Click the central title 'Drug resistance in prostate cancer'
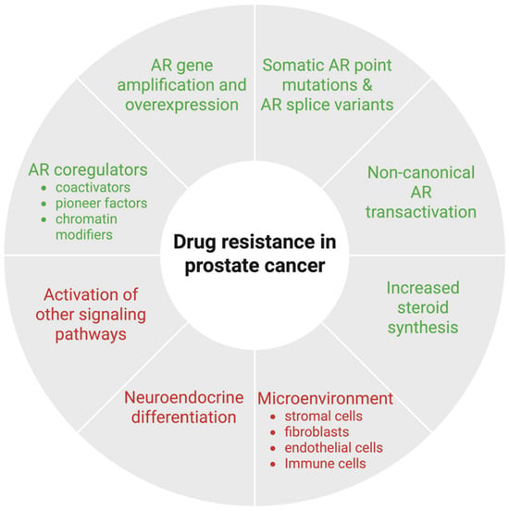(x=254, y=254)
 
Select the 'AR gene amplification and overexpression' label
(x=181, y=85)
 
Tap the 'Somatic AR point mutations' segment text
(x=327, y=75)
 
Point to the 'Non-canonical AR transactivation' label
(x=421, y=193)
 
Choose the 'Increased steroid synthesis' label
(x=423, y=307)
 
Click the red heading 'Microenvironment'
(x=325, y=398)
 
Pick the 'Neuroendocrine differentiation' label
(x=184, y=407)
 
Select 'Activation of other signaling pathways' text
(x=91, y=315)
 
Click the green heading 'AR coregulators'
(x=88, y=169)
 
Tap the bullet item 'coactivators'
(x=93, y=187)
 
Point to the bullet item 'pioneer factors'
(x=102, y=204)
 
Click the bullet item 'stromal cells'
(x=324, y=417)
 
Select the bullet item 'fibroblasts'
(x=317, y=432)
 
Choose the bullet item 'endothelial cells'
(x=334, y=448)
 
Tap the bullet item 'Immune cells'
(x=325, y=464)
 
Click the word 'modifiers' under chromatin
(x=84, y=234)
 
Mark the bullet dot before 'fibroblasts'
(x=273, y=433)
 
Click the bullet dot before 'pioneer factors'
(x=44, y=204)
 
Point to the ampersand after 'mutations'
(x=367, y=85)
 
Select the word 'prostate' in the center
(x=220, y=267)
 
